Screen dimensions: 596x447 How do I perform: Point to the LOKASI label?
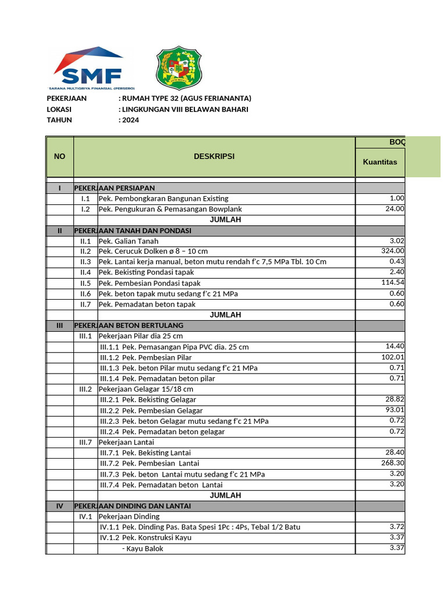[x=59, y=109]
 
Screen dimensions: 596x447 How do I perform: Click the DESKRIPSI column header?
[x=214, y=157]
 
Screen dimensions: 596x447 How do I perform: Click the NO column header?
[x=59, y=157]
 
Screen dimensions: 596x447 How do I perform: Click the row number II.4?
[x=86, y=272]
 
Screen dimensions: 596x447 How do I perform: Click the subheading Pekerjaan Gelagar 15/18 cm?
[x=146, y=389]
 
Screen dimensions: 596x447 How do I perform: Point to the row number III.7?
[x=86, y=442]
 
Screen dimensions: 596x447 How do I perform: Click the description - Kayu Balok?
[x=143, y=548]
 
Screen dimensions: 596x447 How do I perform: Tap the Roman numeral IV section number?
[x=59, y=506]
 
